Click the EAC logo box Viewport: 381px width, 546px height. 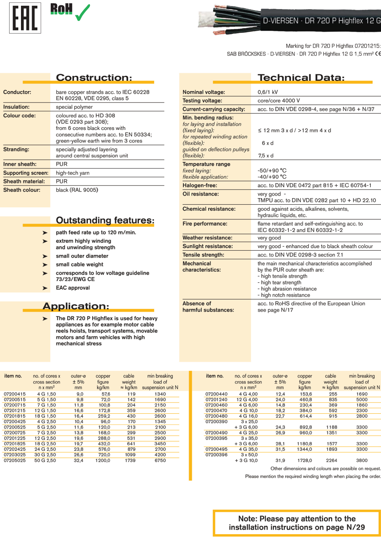pos(25,18)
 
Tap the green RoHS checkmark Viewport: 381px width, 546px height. pos(82,13)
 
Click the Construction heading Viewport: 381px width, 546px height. pos(94,78)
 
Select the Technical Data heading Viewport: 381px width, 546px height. pos(301,78)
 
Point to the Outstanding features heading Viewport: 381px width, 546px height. pos(105,220)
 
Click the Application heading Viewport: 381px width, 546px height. pos(76,306)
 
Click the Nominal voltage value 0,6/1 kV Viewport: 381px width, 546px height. pos(267,92)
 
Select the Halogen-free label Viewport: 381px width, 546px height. pos(200,186)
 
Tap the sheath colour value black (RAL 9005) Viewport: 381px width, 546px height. pos(77,190)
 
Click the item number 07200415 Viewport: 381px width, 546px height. pos(15,394)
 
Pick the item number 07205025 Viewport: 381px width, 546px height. pos(15,460)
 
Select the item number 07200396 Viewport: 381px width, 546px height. pos(216,455)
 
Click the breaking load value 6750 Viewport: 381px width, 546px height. pos(160,460)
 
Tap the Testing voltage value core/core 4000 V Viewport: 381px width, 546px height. pos(279,101)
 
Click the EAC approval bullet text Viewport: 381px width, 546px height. pos(73,288)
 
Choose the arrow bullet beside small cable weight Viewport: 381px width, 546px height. pos(45,265)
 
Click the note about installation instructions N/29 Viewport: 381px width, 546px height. pos(297,523)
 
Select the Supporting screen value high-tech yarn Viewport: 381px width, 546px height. pos(73,173)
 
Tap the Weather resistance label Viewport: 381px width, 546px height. pos(207,238)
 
